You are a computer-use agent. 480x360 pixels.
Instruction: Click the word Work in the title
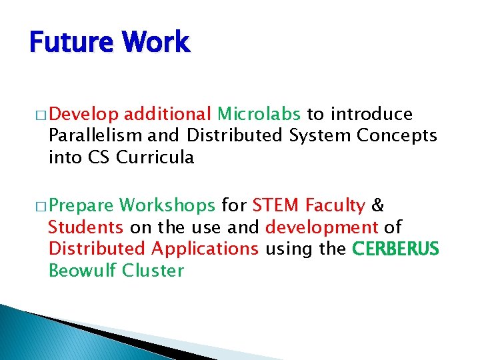click(158, 42)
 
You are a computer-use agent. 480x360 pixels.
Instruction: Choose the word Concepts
click(397, 136)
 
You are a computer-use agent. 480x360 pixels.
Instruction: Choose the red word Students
click(86, 228)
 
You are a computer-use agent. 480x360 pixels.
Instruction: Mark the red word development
click(322, 228)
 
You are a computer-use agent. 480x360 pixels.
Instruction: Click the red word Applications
click(205, 249)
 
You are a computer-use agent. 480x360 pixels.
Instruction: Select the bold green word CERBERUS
click(395, 249)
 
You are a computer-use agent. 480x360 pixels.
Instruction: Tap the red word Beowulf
click(81, 271)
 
